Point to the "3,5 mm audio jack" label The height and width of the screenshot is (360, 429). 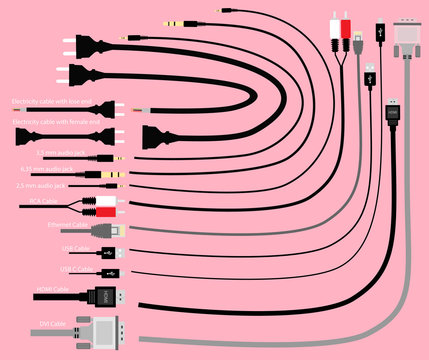(60, 152)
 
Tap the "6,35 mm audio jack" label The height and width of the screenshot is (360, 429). (61, 169)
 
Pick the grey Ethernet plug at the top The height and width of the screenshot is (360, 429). (358, 43)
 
